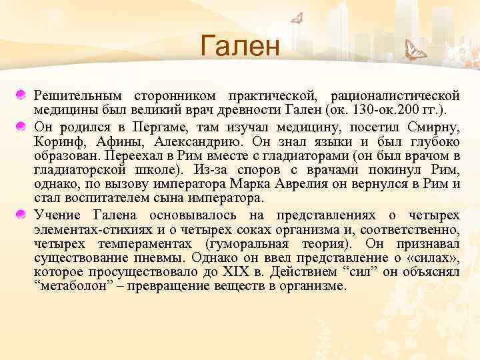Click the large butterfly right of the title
point(417,50)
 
